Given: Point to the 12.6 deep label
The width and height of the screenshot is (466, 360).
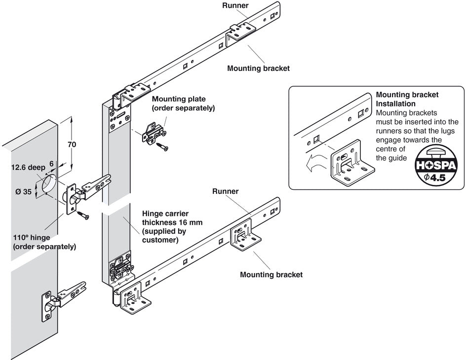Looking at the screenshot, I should coord(28,167).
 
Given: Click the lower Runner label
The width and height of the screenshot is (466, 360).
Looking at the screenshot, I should coord(225,191).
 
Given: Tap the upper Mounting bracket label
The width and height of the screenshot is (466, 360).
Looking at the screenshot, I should coord(258,69).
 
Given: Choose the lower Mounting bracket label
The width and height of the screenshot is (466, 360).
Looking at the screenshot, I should coord(271,274).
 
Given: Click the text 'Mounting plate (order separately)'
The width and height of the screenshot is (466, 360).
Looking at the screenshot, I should coord(183,103).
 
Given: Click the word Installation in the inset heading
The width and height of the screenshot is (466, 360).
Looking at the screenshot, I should coord(395,104).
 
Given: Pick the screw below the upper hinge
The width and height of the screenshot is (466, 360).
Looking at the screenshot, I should coord(82,215).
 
